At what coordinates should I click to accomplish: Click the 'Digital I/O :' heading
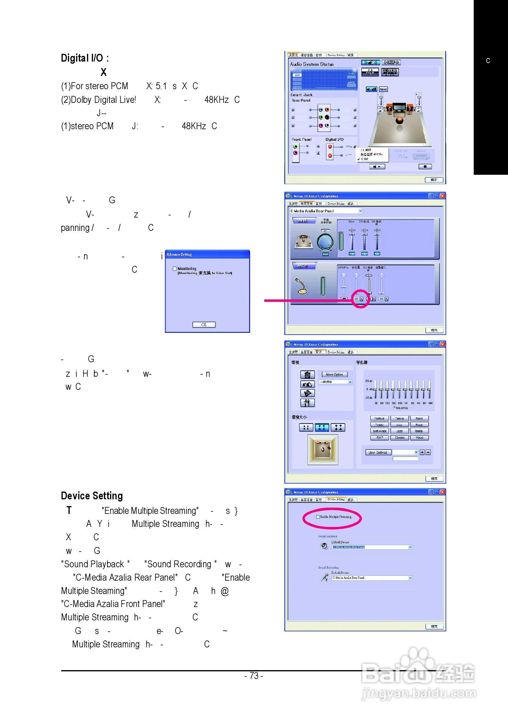(x=85, y=58)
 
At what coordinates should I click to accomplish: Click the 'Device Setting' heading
(x=92, y=496)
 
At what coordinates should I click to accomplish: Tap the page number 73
(x=253, y=676)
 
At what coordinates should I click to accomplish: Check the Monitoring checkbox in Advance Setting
(x=175, y=268)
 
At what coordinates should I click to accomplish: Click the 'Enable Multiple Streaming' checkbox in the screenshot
(x=318, y=517)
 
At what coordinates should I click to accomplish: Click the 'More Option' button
(x=334, y=374)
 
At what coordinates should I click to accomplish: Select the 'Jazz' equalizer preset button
(x=399, y=431)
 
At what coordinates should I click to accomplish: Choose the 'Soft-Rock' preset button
(x=379, y=431)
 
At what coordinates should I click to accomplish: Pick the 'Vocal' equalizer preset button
(x=419, y=437)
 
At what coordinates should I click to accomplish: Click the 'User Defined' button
(x=378, y=453)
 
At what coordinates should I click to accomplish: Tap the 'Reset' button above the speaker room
(x=383, y=89)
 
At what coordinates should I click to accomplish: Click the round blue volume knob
(x=325, y=242)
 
